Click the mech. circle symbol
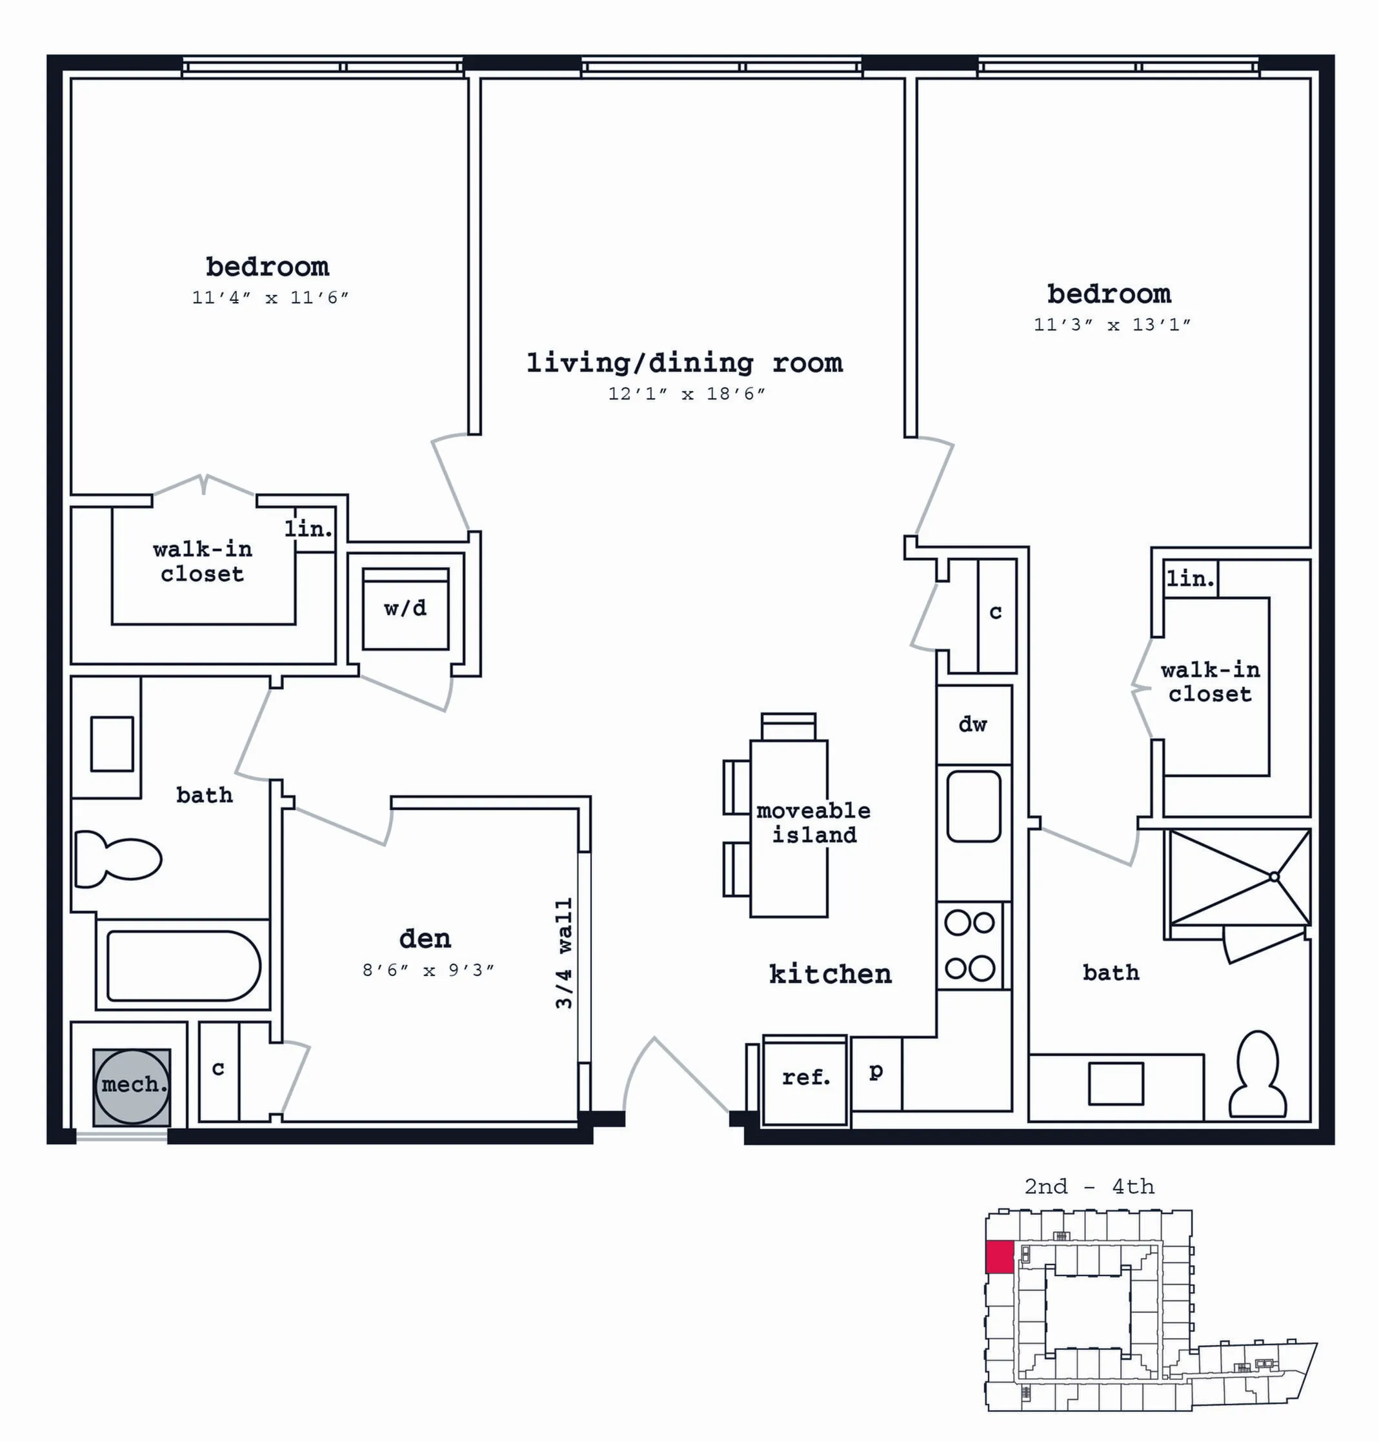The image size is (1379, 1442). click(x=132, y=1087)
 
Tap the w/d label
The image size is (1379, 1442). click(x=405, y=608)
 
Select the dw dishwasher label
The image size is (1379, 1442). click(x=972, y=724)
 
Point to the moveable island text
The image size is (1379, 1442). click(x=814, y=823)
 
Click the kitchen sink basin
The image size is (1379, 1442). click(x=974, y=806)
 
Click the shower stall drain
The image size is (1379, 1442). click(x=1274, y=877)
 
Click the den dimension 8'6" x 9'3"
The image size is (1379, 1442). click(x=428, y=971)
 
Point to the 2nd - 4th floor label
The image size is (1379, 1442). click(x=1089, y=1187)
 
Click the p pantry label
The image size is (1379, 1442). click(x=876, y=1072)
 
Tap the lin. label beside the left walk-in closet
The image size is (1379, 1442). click(x=308, y=528)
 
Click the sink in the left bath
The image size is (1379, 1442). click(x=112, y=744)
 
